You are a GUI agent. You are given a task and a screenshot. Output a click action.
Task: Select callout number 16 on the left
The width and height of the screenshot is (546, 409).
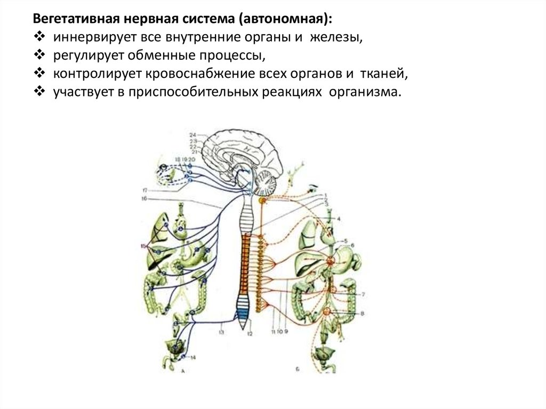click(144, 198)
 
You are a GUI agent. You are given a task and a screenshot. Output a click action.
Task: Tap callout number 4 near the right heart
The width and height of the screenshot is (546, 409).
click(338, 218)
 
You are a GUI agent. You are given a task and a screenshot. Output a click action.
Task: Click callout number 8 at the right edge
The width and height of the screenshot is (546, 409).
click(363, 314)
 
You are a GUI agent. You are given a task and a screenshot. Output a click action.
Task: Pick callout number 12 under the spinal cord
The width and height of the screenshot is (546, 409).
click(249, 333)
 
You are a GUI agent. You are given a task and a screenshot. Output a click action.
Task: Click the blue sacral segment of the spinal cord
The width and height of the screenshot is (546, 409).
click(244, 314)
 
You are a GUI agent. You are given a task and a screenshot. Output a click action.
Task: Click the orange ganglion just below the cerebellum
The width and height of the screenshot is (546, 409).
click(262, 201)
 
